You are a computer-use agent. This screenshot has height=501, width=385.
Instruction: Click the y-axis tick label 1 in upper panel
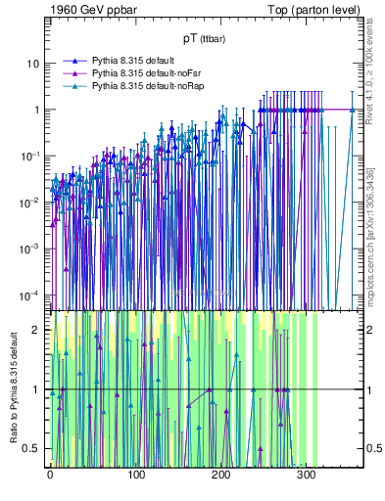[36, 110]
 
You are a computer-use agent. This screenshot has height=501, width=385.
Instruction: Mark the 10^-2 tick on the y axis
[29, 203]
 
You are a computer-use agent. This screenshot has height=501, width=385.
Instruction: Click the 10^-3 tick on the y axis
[29, 249]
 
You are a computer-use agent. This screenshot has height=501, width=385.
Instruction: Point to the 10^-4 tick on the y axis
[29, 295]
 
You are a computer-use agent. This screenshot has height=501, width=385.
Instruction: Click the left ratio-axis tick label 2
[37, 331]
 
